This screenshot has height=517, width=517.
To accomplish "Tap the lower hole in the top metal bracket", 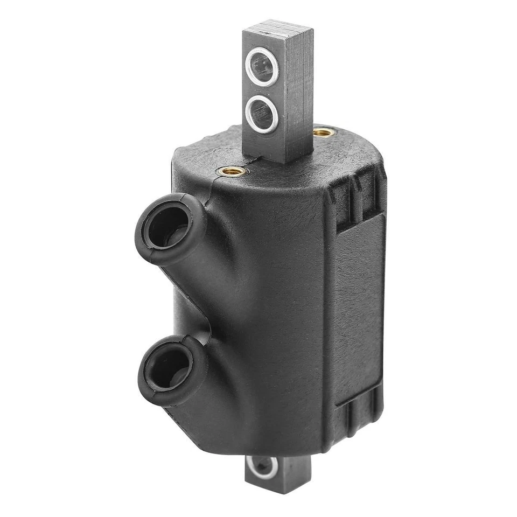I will tap(261, 111).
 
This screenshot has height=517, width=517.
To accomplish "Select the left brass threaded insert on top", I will tap(233, 171).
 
